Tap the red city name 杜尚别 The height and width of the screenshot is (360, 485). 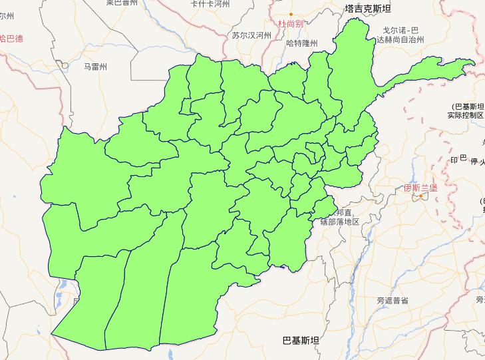coord(291,23)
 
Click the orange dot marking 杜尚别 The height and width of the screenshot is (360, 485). coord(291,13)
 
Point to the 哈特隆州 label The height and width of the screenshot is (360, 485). coord(301,43)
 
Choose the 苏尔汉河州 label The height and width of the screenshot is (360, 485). coord(251,35)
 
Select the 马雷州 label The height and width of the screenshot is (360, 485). coord(95,67)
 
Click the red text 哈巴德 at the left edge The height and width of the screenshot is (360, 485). coord(11,39)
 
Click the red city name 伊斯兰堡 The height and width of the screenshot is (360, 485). coord(420,188)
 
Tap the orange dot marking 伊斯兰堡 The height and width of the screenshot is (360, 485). coord(421,196)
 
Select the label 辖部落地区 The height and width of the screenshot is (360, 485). coord(339,222)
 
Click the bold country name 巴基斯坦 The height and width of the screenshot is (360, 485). coord(301,340)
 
